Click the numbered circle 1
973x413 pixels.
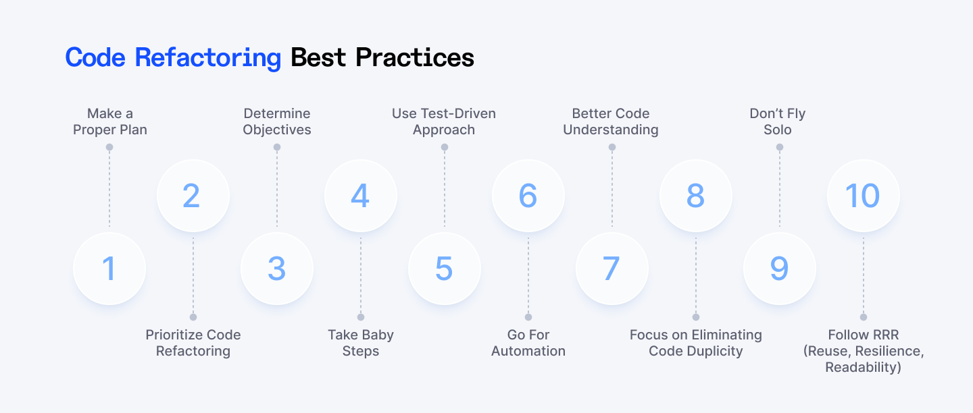coord(109,269)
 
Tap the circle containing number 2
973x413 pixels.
coord(193,196)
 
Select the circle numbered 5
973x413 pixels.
coord(444,269)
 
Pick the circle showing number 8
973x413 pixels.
coord(695,196)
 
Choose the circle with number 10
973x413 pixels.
coord(863,196)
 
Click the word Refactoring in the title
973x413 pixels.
coord(207,58)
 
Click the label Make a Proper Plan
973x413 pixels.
coord(109,121)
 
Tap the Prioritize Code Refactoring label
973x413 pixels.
coord(193,343)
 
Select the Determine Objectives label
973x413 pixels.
coord(277,121)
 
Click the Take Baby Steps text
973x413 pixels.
coord(361,343)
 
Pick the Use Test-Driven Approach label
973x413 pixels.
coord(444,121)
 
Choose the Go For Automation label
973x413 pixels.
coord(528,343)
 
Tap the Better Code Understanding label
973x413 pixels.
coord(611,121)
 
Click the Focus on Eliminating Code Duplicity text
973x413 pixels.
coord(695,343)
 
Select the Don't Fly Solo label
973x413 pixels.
coord(778,121)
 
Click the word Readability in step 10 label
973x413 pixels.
coord(864,368)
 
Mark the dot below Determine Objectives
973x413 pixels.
coord(277,147)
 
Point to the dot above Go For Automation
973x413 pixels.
coord(528,317)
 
